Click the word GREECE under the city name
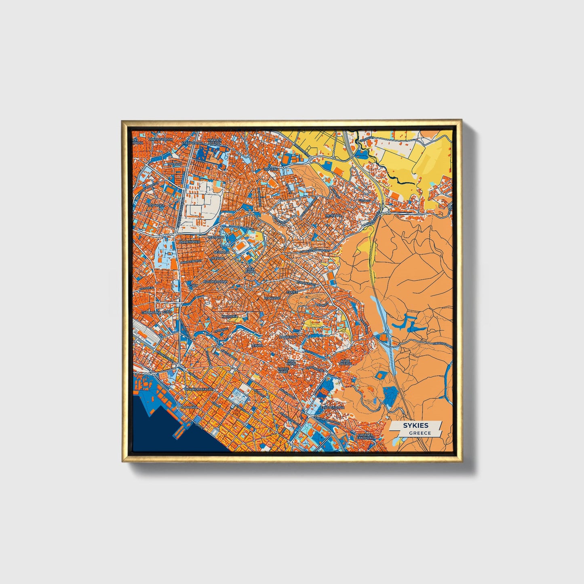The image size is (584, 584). (x=420, y=433)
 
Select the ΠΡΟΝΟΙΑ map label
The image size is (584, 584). (x=175, y=164)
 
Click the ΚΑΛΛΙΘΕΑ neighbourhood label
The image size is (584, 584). (x=230, y=316)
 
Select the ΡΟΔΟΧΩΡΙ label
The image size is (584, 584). (x=272, y=297)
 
